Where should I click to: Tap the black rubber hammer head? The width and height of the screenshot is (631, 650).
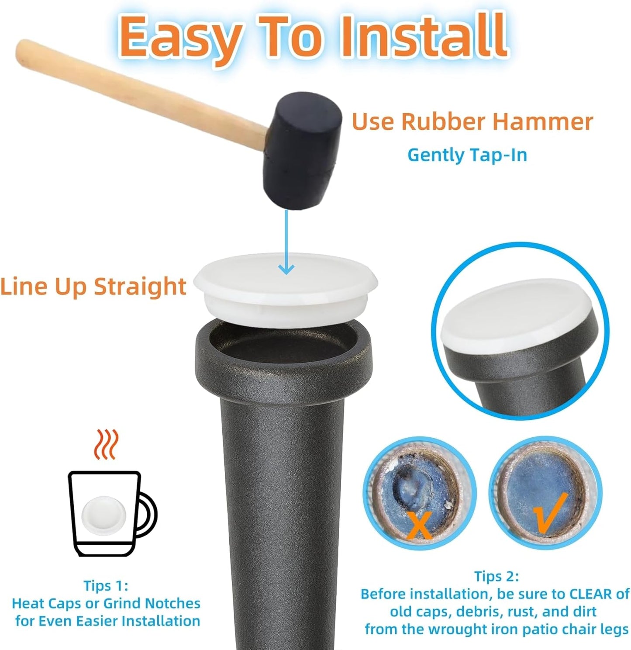click(x=302, y=150)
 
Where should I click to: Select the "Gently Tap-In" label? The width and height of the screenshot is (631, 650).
click(x=467, y=155)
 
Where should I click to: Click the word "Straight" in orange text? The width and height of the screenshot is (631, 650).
click(x=140, y=287)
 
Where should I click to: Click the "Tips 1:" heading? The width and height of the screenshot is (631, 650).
click(x=106, y=585)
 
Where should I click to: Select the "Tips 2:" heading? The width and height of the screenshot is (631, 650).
click(x=497, y=576)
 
